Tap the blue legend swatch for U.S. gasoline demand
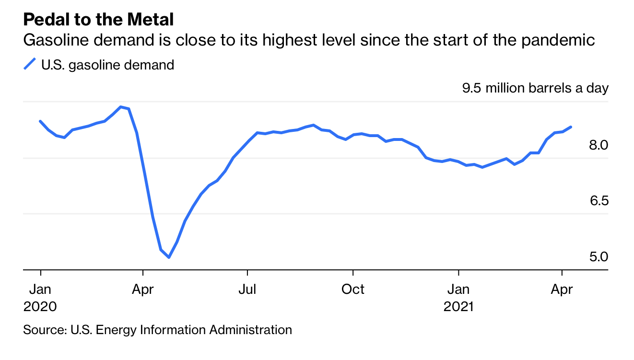click(x=30, y=64)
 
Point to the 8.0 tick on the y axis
click(x=599, y=145)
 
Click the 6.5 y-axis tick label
click(x=599, y=201)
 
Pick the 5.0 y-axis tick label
click(x=599, y=257)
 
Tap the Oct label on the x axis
click(x=352, y=290)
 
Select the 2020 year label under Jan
click(x=40, y=307)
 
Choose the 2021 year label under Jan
click(x=458, y=307)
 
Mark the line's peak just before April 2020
click(x=121, y=106)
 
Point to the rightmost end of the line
click(x=571, y=127)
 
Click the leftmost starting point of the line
click(x=40, y=121)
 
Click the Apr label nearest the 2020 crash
click(x=142, y=290)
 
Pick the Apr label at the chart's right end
click(x=562, y=290)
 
